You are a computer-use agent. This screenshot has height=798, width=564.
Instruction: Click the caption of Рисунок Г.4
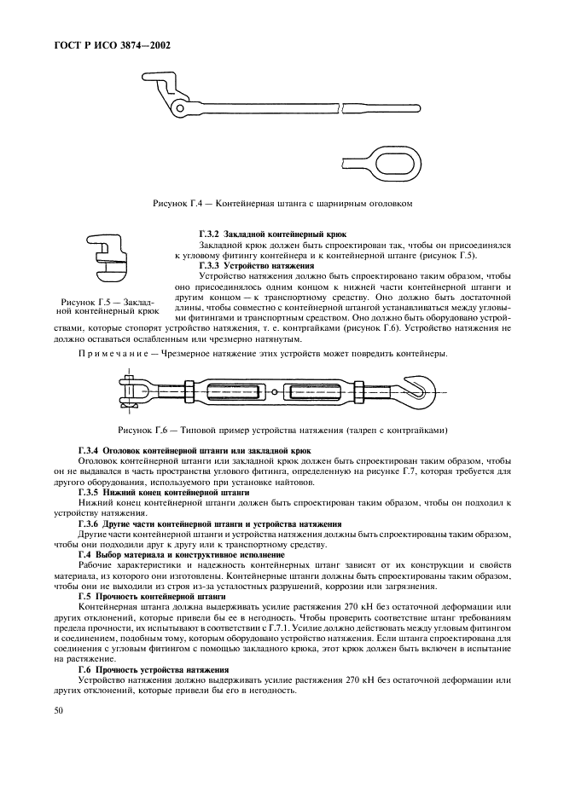point(282,204)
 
